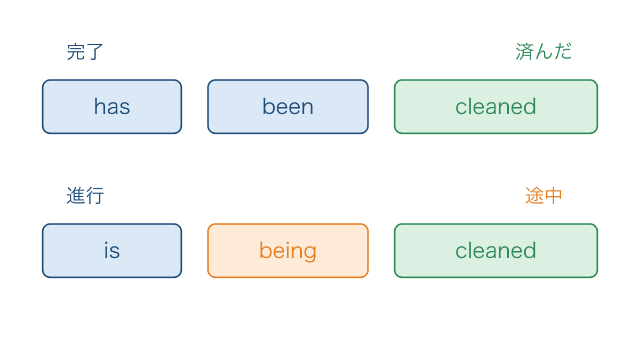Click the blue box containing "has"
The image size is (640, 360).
point(112,107)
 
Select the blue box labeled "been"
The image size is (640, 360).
point(287,107)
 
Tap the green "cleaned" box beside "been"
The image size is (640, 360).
point(495,107)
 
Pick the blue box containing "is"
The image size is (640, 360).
point(112,251)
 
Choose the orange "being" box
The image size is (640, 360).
point(287,251)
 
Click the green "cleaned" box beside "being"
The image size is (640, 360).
point(495,251)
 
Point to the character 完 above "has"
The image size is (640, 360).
point(76,52)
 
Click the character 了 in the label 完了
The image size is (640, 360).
point(94,52)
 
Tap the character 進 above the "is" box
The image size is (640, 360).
point(76,196)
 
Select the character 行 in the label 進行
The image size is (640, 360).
point(94,196)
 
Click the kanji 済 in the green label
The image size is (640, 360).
point(525,52)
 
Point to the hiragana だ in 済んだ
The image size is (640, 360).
point(563,52)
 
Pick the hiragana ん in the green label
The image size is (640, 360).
point(543,52)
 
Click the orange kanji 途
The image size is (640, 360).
point(534,196)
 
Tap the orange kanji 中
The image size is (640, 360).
point(554,196)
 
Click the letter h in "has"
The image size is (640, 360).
point(100,106)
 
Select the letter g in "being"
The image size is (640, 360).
point(309,252)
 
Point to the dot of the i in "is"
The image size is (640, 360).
point(106,243)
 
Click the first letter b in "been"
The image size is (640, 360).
point(269,106)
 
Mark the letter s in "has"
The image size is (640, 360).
point(125,108)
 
